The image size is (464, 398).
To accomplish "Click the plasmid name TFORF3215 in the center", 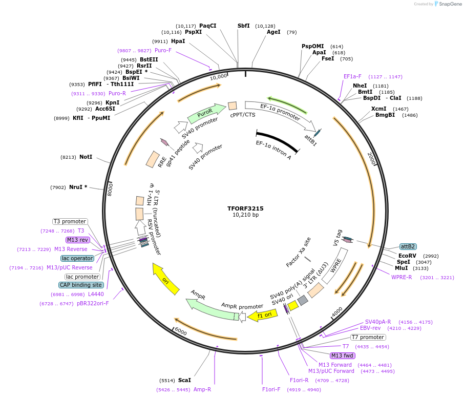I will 245,208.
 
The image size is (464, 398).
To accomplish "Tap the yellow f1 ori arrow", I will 259,316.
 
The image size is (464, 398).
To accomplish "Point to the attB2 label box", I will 408,246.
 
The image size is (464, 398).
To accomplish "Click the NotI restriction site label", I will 86,157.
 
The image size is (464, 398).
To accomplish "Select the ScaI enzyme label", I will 184,380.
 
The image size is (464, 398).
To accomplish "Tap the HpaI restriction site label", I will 178,41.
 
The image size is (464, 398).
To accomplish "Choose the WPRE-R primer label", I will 402,277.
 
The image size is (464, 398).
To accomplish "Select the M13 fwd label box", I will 343,355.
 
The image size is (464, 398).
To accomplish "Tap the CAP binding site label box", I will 81,285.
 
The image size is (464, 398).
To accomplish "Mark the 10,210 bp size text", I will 245,215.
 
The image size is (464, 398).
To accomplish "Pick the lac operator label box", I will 77,258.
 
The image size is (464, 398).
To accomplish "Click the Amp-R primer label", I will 202,389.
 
